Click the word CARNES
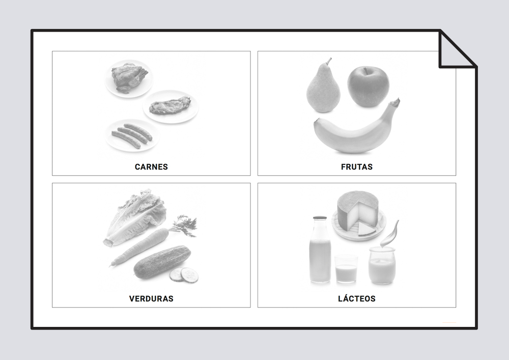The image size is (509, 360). [151, 167]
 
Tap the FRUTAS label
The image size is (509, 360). [357, 167]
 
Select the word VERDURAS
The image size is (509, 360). [151, 299]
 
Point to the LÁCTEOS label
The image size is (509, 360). [357, 298]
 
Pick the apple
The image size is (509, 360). [368, 86]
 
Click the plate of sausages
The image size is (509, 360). [132, 135]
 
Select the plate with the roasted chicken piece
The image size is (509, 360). [129, 78]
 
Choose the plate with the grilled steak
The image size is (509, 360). [171, 106]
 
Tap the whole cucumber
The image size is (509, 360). [162, 262]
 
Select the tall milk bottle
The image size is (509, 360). [320, 250]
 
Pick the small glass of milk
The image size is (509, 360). [346, 269]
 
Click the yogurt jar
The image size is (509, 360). [382, 265]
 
